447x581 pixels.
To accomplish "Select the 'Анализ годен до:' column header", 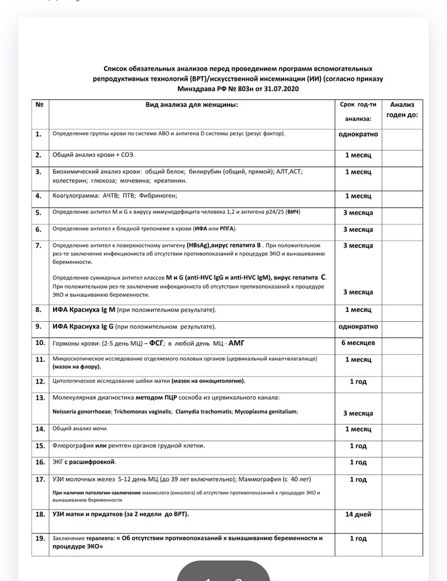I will [x=402, y=110].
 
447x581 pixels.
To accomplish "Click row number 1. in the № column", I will [x=38, y=134].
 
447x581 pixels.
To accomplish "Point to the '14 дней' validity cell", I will [x=357, y=515].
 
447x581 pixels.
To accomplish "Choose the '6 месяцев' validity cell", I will [x=358, y=343].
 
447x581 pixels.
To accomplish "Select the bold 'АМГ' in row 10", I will [x=237, y=343].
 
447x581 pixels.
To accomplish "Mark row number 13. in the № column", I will [x=40, y=398].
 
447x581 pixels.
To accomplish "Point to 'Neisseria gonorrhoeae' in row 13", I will [x=81, y=411].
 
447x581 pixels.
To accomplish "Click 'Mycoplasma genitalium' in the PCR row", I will [x=266, y=411].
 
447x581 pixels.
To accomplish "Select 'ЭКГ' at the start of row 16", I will [x=57, y=462].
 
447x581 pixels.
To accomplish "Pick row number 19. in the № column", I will [x=40, y=539].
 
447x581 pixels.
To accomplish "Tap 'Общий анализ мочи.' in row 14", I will [x=80, y=429].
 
